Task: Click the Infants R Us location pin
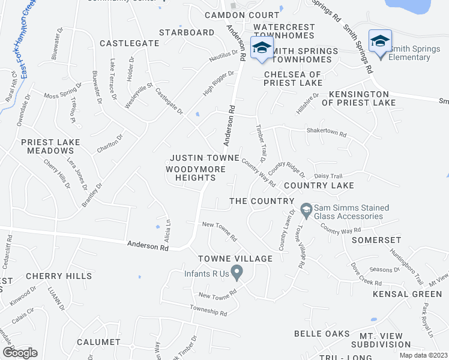pos(237,274)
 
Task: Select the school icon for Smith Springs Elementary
pos(379,42)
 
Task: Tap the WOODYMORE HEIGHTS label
pos(196,173)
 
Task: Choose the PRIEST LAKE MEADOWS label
pos(50,146)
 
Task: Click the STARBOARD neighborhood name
pos(187,32)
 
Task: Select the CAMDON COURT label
pos(242,14)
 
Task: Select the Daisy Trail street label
pos(328,176)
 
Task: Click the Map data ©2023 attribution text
pos(423,355)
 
